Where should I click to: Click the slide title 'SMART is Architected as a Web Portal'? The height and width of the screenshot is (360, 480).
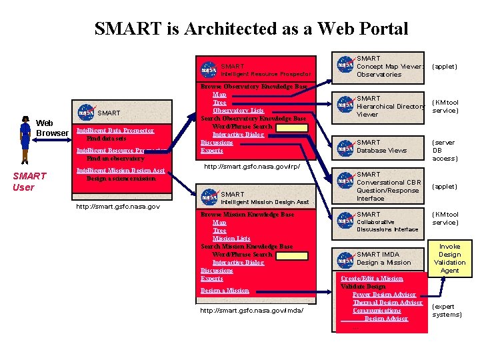251,29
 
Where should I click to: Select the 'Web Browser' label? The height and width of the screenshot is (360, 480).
52,128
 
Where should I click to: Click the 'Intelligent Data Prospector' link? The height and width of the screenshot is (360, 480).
115,131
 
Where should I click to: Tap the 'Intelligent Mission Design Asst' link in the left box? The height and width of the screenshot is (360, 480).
121,171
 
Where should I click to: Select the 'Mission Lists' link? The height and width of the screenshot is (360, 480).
231,239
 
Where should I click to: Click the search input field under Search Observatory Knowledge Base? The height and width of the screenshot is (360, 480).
292,127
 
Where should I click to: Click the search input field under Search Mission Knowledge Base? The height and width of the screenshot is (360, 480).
292,255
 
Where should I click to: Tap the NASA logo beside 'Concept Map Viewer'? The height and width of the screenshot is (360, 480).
345,66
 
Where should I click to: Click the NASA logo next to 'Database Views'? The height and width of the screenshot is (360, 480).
345,147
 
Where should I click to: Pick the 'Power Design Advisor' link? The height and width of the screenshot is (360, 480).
384,295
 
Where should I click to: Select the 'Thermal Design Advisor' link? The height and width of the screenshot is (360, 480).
387,303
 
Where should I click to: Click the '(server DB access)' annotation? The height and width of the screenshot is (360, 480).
445,150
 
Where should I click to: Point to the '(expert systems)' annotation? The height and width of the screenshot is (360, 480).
446,310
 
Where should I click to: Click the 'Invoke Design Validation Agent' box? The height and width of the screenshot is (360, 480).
449,259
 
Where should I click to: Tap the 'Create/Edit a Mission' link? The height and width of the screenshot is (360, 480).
371,279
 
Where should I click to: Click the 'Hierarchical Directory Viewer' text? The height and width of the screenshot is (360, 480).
390,106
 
